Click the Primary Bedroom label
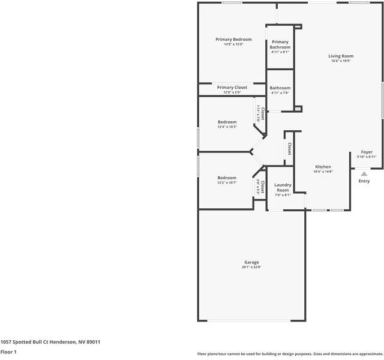233,40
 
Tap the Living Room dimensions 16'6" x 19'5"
340,61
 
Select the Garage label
251,262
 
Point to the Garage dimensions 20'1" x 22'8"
251,268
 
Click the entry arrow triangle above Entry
364,174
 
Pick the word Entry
364,181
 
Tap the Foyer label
366,152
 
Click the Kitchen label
323,167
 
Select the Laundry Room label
283,187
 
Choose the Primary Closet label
232,88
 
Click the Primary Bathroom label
280,44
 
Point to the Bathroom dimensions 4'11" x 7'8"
280,93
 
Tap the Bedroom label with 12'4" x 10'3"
227,122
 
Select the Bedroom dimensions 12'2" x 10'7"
227,182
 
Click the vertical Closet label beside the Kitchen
289,148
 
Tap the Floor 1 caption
8,352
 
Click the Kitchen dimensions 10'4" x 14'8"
323,172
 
